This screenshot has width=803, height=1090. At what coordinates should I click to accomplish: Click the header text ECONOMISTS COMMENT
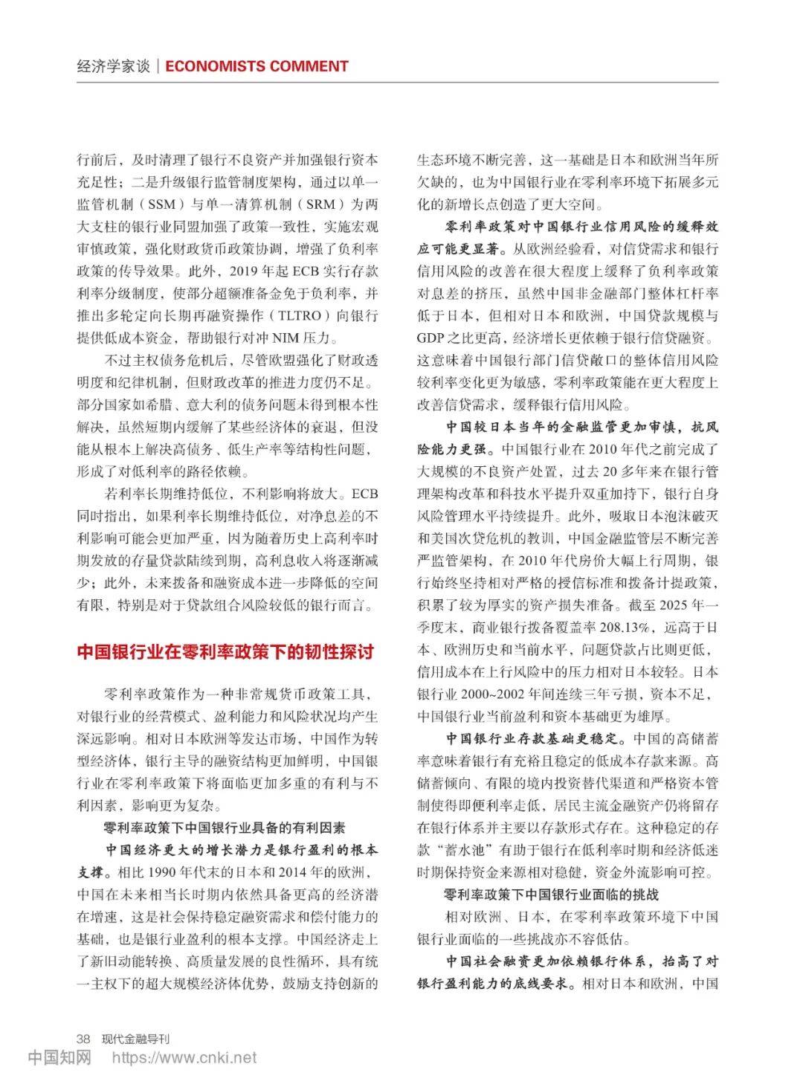[x=257, y=66]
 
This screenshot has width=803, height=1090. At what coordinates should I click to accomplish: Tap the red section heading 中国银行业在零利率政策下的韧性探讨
[x=225, y=652]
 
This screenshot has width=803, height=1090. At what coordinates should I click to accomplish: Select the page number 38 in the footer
[x=83, y=1038]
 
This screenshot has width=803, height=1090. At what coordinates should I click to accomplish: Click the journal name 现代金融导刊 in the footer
[x=135, y=1038]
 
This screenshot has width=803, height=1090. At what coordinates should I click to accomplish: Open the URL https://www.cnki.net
[x=184, y=1057]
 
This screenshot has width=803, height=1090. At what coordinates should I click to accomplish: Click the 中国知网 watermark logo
[x=59, y=1057]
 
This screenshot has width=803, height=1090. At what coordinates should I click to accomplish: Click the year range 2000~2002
[x=490, y=694]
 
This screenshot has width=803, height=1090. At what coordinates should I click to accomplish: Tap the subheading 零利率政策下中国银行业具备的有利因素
[x=224, y=828]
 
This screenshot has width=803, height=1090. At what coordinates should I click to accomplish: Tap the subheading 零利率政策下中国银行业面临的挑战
[x=551, y=894]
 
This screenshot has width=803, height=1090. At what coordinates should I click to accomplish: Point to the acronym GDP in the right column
[x=430, y=338]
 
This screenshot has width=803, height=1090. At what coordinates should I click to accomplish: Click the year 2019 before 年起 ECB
[x=245, y=271]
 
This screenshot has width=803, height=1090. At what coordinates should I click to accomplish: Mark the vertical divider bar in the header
[x=158, y=66]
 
